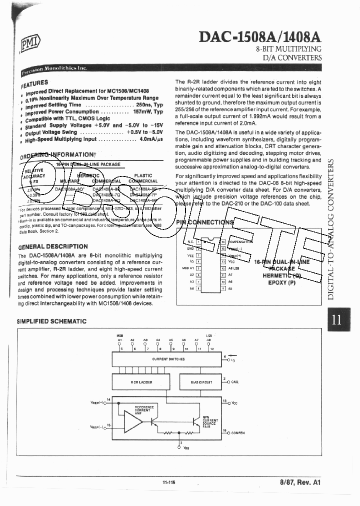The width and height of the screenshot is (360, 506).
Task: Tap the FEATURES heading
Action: click(x=35, y=83)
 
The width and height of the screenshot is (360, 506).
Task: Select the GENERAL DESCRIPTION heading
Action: click(x=52, y=246)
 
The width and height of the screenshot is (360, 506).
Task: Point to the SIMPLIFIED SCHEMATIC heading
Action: click(x=51, y=321)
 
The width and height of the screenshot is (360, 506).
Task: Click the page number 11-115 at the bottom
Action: click(x=168, y=482)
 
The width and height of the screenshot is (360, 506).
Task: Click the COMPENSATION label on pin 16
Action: click(x=240, y=241)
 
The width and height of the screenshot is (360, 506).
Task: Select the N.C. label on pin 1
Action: click(x=190, y=241)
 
